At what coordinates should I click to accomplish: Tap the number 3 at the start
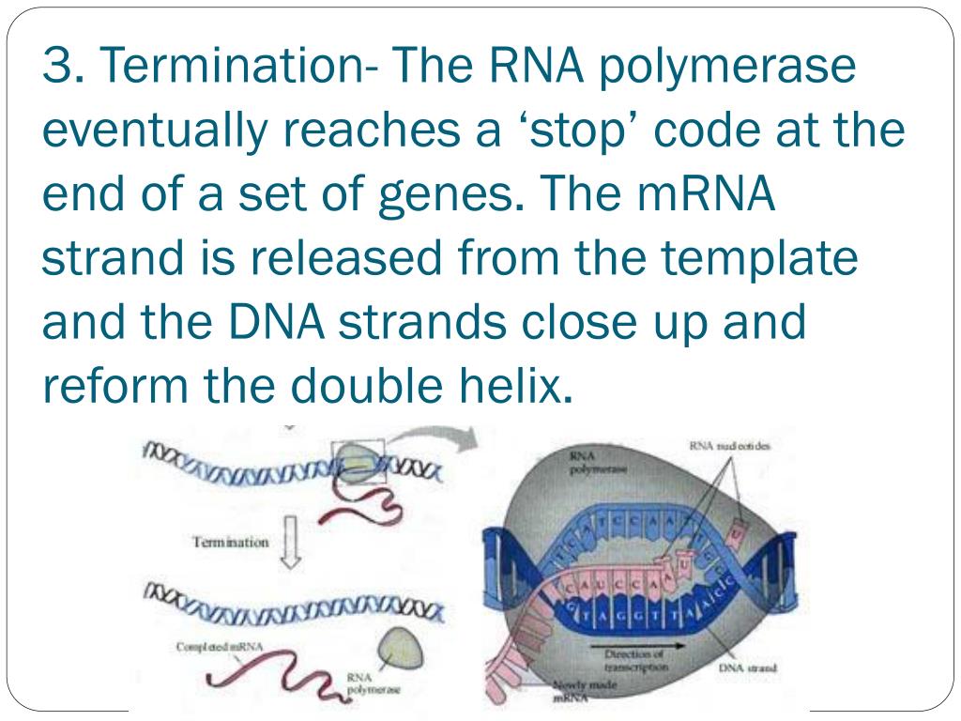pos(59,65)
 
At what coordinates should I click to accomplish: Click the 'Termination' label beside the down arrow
pos(231,542)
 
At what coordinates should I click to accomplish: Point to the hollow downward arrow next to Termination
pos(289,543)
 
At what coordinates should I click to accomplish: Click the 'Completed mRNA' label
pos(220,647)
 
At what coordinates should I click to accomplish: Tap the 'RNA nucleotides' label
pos(730,447)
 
